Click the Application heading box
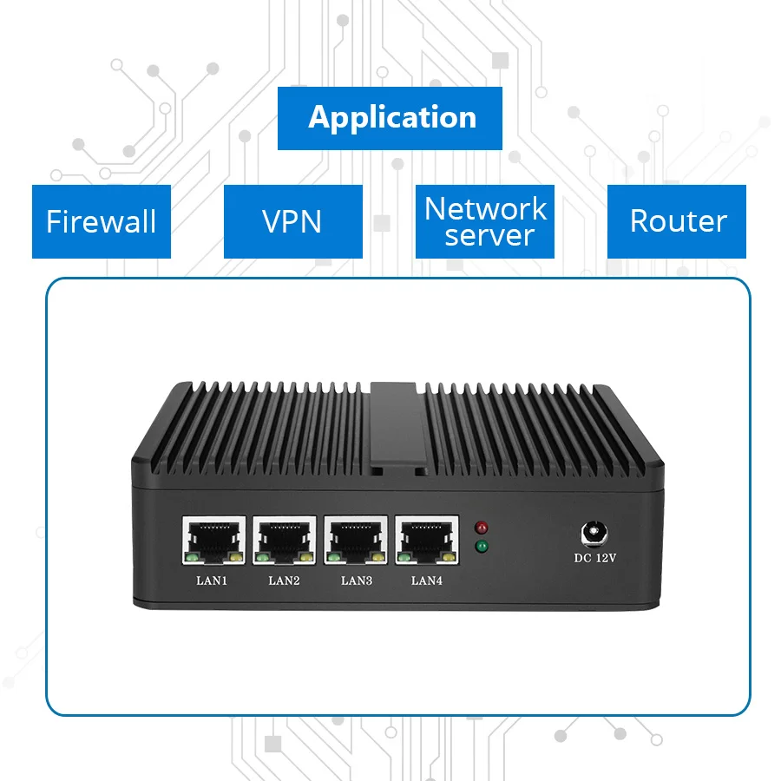coord(390,118)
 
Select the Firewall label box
coord(102,221)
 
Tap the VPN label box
coord(292,221)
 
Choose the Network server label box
coord(485,221)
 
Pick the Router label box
coord(677,221)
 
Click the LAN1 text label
coord(212,581)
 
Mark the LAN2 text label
coord(284,581)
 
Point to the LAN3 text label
coord(356,581)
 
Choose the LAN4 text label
coord(427,581)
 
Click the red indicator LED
coord(482,527)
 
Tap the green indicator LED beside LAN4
coord(482,547)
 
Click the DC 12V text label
coord(595,558)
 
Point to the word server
coord(489,236)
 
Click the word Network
coord(485,208)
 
